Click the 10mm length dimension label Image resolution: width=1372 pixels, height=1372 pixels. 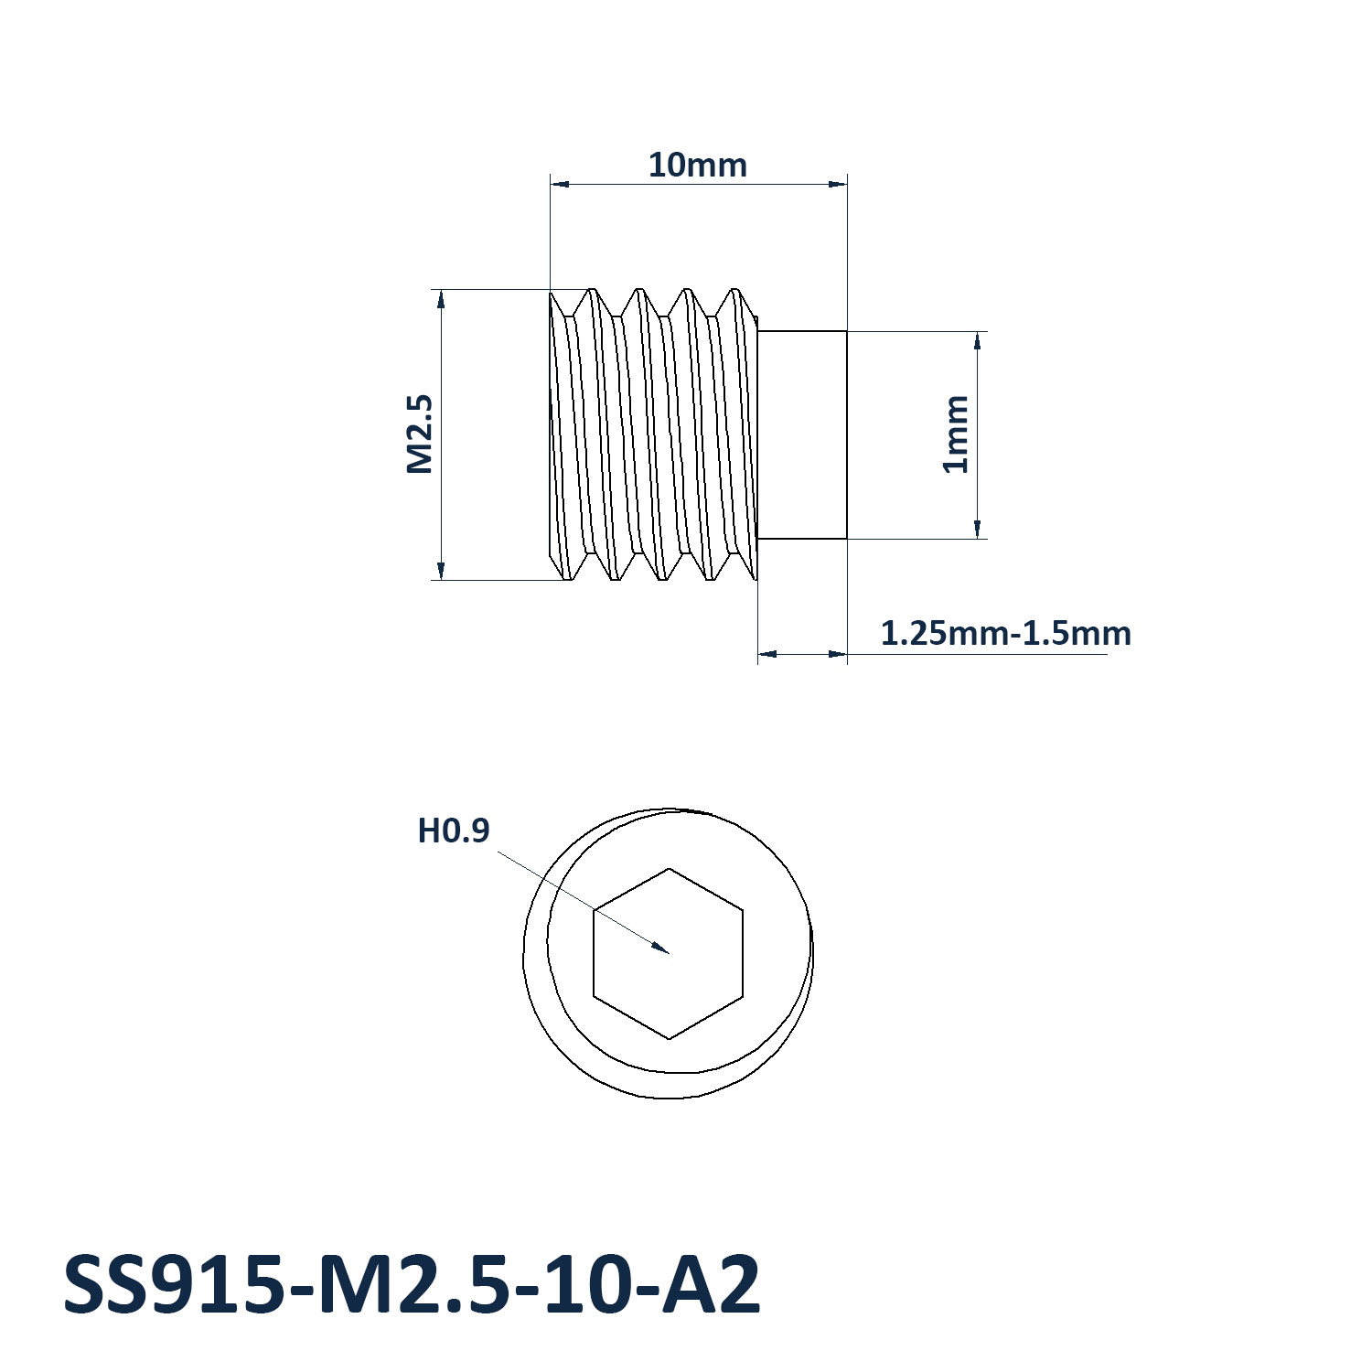pyautogui.click(x=698, y=166)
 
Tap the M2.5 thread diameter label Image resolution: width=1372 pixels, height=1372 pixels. pyautogui.click(x=419, y=434)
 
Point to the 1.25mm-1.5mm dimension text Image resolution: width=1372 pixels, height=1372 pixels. pyautogui.click(x=1005, y=633)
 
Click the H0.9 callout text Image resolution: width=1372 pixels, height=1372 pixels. pyautogui.click(x=454, y=831)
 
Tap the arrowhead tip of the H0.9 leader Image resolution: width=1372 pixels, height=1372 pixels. pyautogui.click(x=670, y=953)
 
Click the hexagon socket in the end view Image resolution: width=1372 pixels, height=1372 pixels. pyautogui.click(x=669, y=953)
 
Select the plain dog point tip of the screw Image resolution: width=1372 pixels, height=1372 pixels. pyautogui.click(x=802, y=434)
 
